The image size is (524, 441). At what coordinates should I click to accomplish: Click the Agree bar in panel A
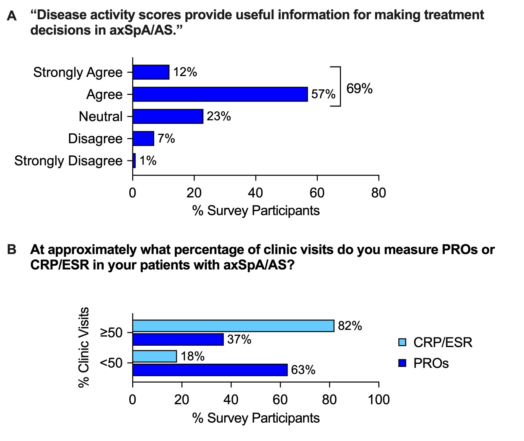pos(220,94)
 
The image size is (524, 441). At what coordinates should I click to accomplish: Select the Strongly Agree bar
pos(151,72)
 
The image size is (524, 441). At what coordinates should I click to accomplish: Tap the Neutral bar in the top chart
pos(168,116)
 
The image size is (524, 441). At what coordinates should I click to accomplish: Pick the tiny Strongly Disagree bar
pos(134,161)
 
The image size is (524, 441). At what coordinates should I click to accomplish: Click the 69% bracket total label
pos(359,88)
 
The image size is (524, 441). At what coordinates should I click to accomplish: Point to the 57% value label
pos(323,95)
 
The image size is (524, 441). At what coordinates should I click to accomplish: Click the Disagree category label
pos(95,139)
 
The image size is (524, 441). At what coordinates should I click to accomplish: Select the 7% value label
pos(166,139)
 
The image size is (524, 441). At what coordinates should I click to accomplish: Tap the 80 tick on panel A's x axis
pos(379,193)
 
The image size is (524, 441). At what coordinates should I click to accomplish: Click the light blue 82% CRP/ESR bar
pos(233,326)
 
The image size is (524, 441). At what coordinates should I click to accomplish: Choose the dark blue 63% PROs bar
pos(210,370)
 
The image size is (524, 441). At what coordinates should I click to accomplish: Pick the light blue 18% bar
pos(155,356)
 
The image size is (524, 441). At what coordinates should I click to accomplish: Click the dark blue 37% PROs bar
pos(178,339)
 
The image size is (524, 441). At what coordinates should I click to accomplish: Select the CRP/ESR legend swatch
pos(402,343)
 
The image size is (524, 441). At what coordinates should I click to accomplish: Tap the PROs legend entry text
pos(431,363)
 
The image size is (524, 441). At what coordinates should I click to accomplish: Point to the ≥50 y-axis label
pos(111,333)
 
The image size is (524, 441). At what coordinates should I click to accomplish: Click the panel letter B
pos(12,250)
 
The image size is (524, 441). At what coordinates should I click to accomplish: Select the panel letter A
pos(12,16)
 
